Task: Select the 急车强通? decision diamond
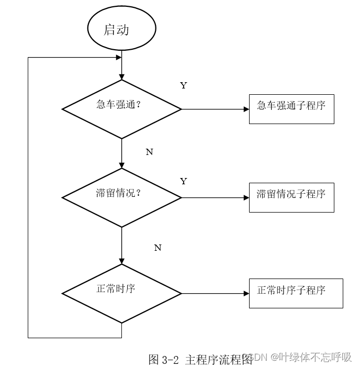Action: point(121,109)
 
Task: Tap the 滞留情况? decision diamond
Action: point(121,197)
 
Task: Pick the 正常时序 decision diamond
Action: point(121,293)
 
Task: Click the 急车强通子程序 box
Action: point(291,109)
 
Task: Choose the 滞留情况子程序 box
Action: point(291,197)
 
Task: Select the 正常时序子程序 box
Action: point(296,293)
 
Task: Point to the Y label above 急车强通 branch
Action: point(183,85)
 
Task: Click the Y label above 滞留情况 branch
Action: point(183,181)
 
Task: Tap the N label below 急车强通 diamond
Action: point(149,152)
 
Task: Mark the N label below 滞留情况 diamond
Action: point(157,248)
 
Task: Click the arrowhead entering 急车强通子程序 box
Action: point(246,109)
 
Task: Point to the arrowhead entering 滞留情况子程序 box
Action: point(246,198)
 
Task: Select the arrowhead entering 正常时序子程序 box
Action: point(246,294)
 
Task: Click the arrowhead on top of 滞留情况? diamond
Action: point(121,165)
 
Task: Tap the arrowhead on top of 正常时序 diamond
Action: point(121,261)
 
